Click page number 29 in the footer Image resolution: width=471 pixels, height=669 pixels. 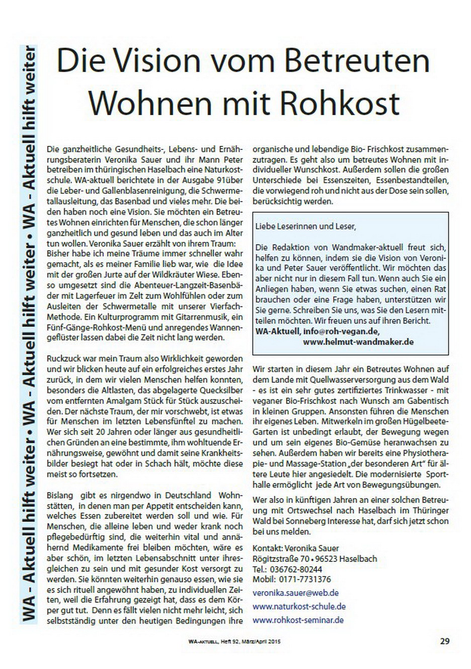(x=444, y=641)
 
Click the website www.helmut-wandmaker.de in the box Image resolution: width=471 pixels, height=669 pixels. (x=358, y=342)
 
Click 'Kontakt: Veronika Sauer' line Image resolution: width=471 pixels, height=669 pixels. (x=296, y=548)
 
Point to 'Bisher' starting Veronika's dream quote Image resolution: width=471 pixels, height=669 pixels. (x=57, y=255)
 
